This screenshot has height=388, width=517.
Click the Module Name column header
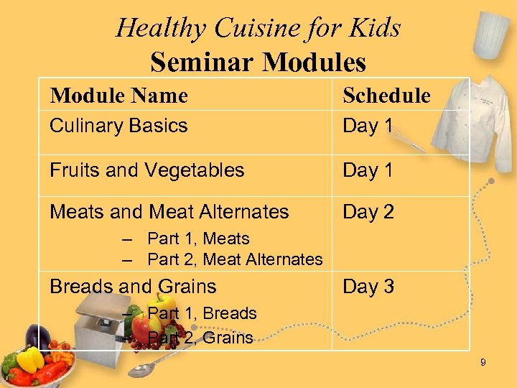[118, 96]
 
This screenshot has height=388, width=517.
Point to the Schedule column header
[386, 96]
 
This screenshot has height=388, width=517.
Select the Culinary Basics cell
[118, 126]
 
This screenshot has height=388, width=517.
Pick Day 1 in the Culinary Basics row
[368, 126]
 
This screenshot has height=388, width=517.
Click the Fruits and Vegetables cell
[147, 170]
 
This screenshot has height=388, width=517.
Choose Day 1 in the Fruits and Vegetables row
[368, 170]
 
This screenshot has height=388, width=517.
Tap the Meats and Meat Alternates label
[169, 212]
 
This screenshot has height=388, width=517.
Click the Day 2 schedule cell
[368, 212]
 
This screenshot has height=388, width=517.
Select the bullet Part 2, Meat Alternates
[234, 259]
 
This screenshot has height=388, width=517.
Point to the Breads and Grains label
[133, 287]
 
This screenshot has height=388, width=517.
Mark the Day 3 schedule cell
[368, 287]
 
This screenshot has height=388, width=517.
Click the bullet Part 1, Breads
[201, 313]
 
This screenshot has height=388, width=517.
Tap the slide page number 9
[483, 363]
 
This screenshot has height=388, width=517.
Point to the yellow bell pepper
[30, 360]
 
